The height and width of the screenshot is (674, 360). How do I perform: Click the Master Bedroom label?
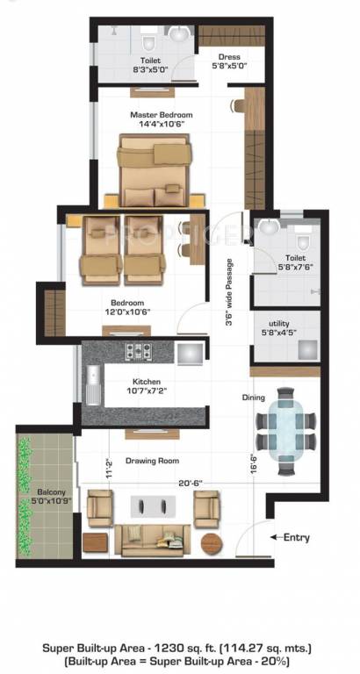click(162, 115)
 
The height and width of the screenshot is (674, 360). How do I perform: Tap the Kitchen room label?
click(146, 382)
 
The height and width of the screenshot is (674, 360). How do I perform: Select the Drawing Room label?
click(152, 461)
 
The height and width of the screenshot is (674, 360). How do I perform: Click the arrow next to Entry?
click(276, 536)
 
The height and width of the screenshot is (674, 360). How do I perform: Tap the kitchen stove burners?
click(139, 353)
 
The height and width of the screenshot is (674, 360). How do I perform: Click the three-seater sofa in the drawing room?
click(154, 539)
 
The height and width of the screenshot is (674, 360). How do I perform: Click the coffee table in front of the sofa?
click(153, 506)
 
